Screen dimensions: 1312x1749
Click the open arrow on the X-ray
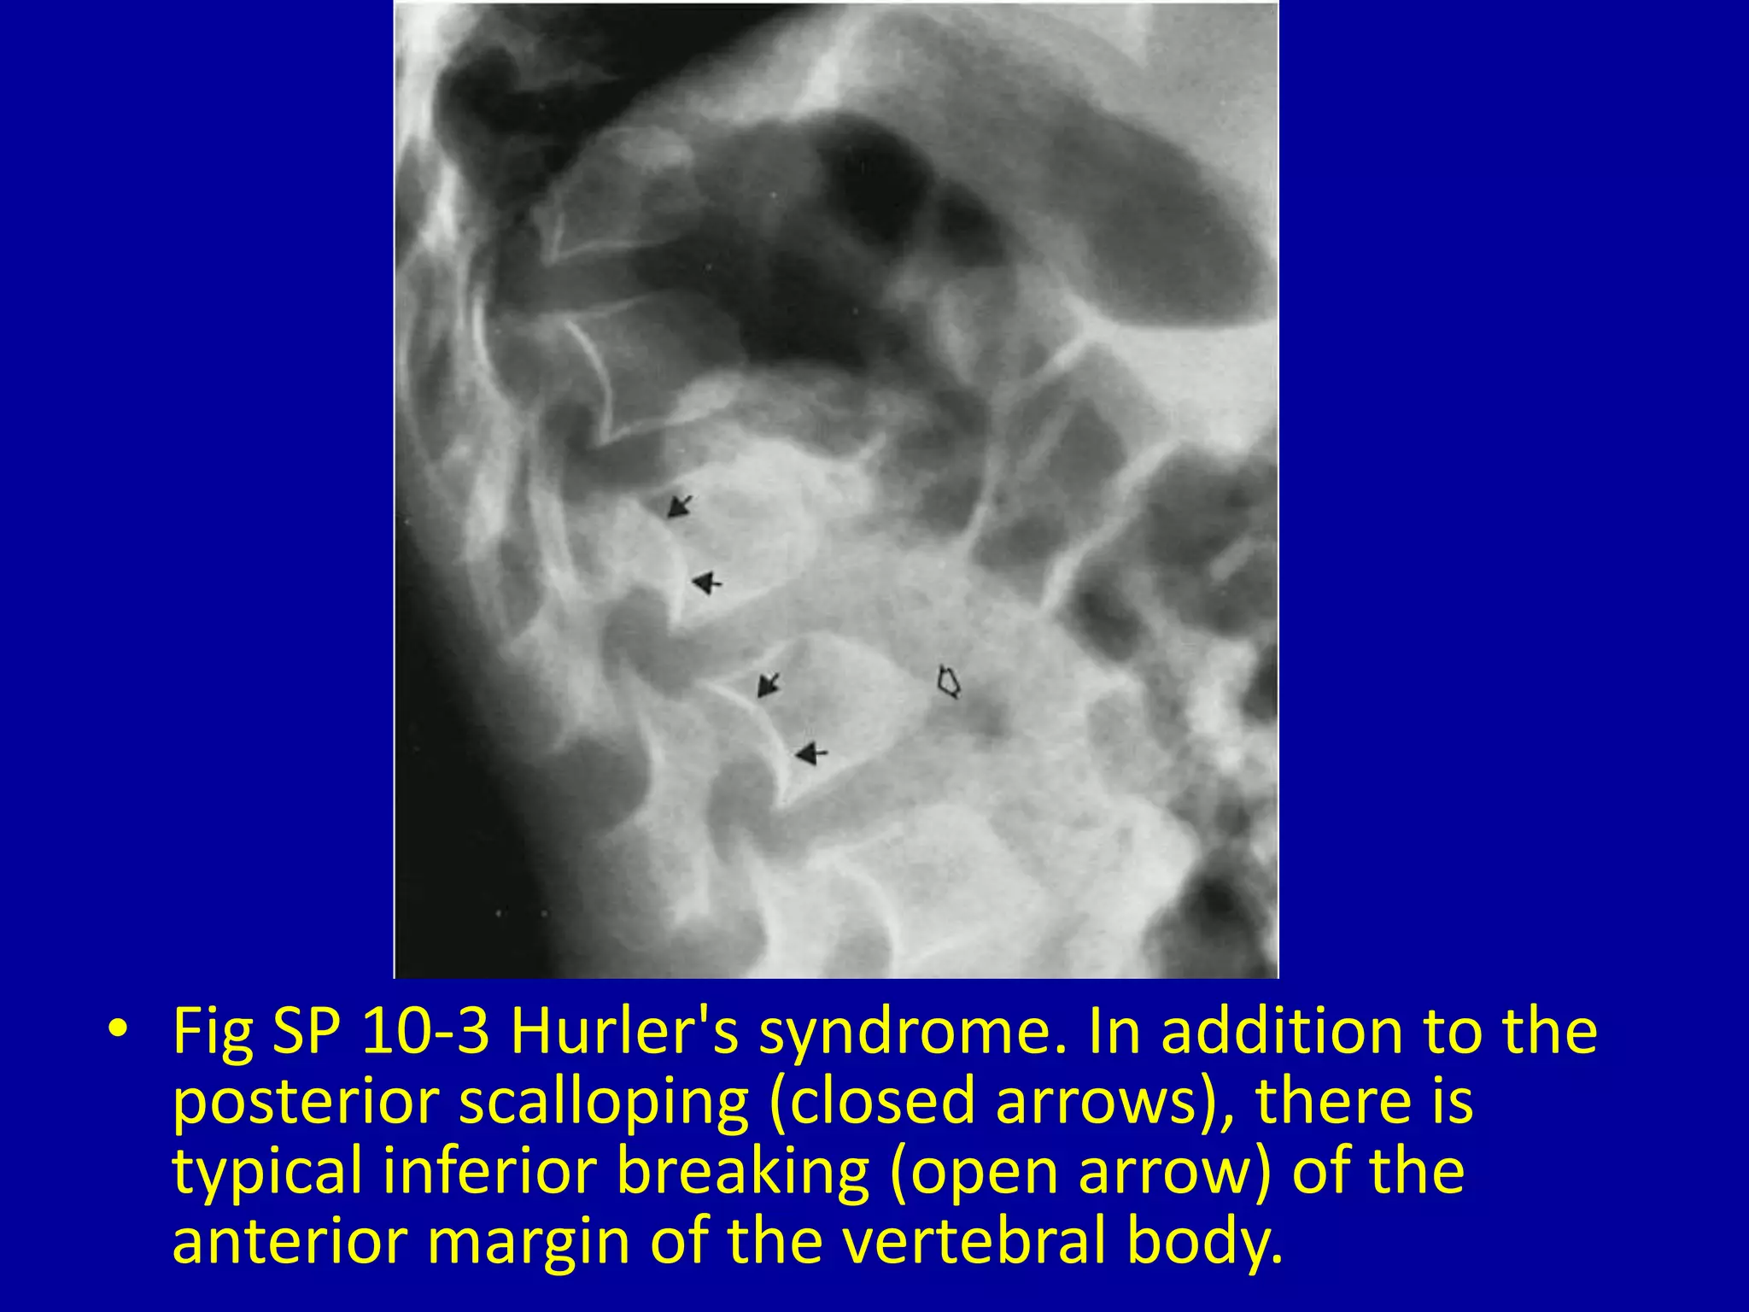[x=949, y=682]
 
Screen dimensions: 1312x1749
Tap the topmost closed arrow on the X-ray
[x=679, y=506]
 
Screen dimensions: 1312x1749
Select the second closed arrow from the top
[x=705, y=583]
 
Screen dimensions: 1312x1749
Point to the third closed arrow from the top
[x=769, y=684]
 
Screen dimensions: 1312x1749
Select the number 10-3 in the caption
[x=425, y=1032]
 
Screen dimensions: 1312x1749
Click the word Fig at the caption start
[x=213, y=1032]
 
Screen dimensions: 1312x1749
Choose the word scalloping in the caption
[x=603, y=1102]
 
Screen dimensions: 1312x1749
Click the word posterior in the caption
[x=306, y=1102]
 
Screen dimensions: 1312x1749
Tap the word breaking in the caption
[x=742, y=1172]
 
